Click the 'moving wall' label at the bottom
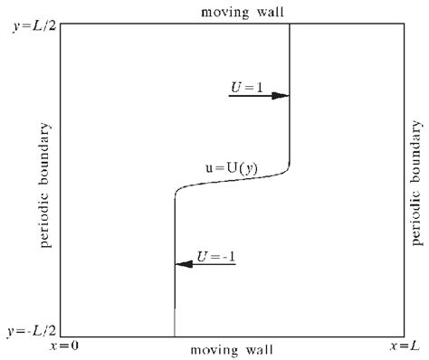tap(231, 349)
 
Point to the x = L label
tap(405, 346)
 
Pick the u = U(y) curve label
tap(229, 166)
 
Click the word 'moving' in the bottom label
tap(214, 349)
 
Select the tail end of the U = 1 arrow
tap(230, 96)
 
